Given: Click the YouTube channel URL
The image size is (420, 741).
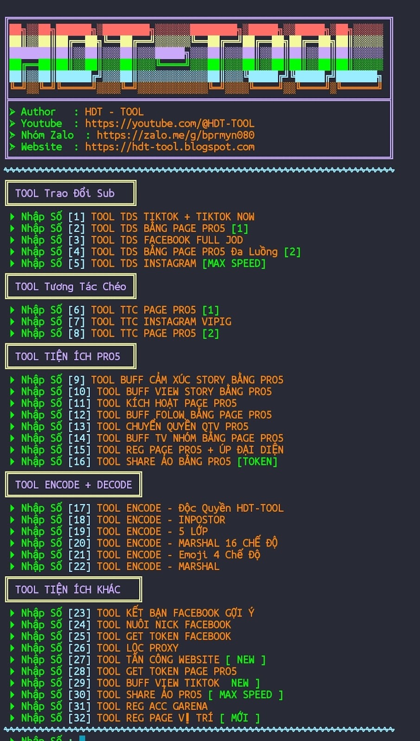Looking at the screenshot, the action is [x=170, y=124].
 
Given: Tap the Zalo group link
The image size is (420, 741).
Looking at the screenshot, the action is [x=175, y=135].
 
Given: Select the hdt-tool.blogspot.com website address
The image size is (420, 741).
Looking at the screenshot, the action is [x=170, y=147].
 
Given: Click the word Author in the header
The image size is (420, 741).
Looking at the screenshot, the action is [x=38, y=112].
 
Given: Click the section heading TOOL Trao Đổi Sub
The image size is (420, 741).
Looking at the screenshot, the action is [x=65, y=193].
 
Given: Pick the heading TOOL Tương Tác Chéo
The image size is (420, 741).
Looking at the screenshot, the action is [x=70, y=287].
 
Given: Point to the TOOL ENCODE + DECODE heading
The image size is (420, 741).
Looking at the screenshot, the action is [x=73, y=485].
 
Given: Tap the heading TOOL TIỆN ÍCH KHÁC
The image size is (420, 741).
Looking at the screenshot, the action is [x=68, y=590].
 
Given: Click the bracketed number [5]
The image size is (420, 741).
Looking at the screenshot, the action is [x=76, y=264].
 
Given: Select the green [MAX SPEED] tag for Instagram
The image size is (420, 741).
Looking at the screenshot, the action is [x=234, y=264].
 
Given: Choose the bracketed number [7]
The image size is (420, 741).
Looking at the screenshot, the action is [x=76, y=322].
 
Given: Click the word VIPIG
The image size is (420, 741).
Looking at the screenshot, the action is [x=216, y=322].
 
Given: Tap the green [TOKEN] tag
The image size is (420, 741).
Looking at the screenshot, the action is [x=257, y=462].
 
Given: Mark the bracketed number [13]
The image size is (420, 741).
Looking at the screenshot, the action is [x=79, y=427].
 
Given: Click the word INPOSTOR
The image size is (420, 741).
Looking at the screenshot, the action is [x=202, y=520].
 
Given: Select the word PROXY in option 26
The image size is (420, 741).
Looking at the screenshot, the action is [x=164, y=648].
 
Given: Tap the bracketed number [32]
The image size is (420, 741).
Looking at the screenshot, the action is [x=79, y=718].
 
